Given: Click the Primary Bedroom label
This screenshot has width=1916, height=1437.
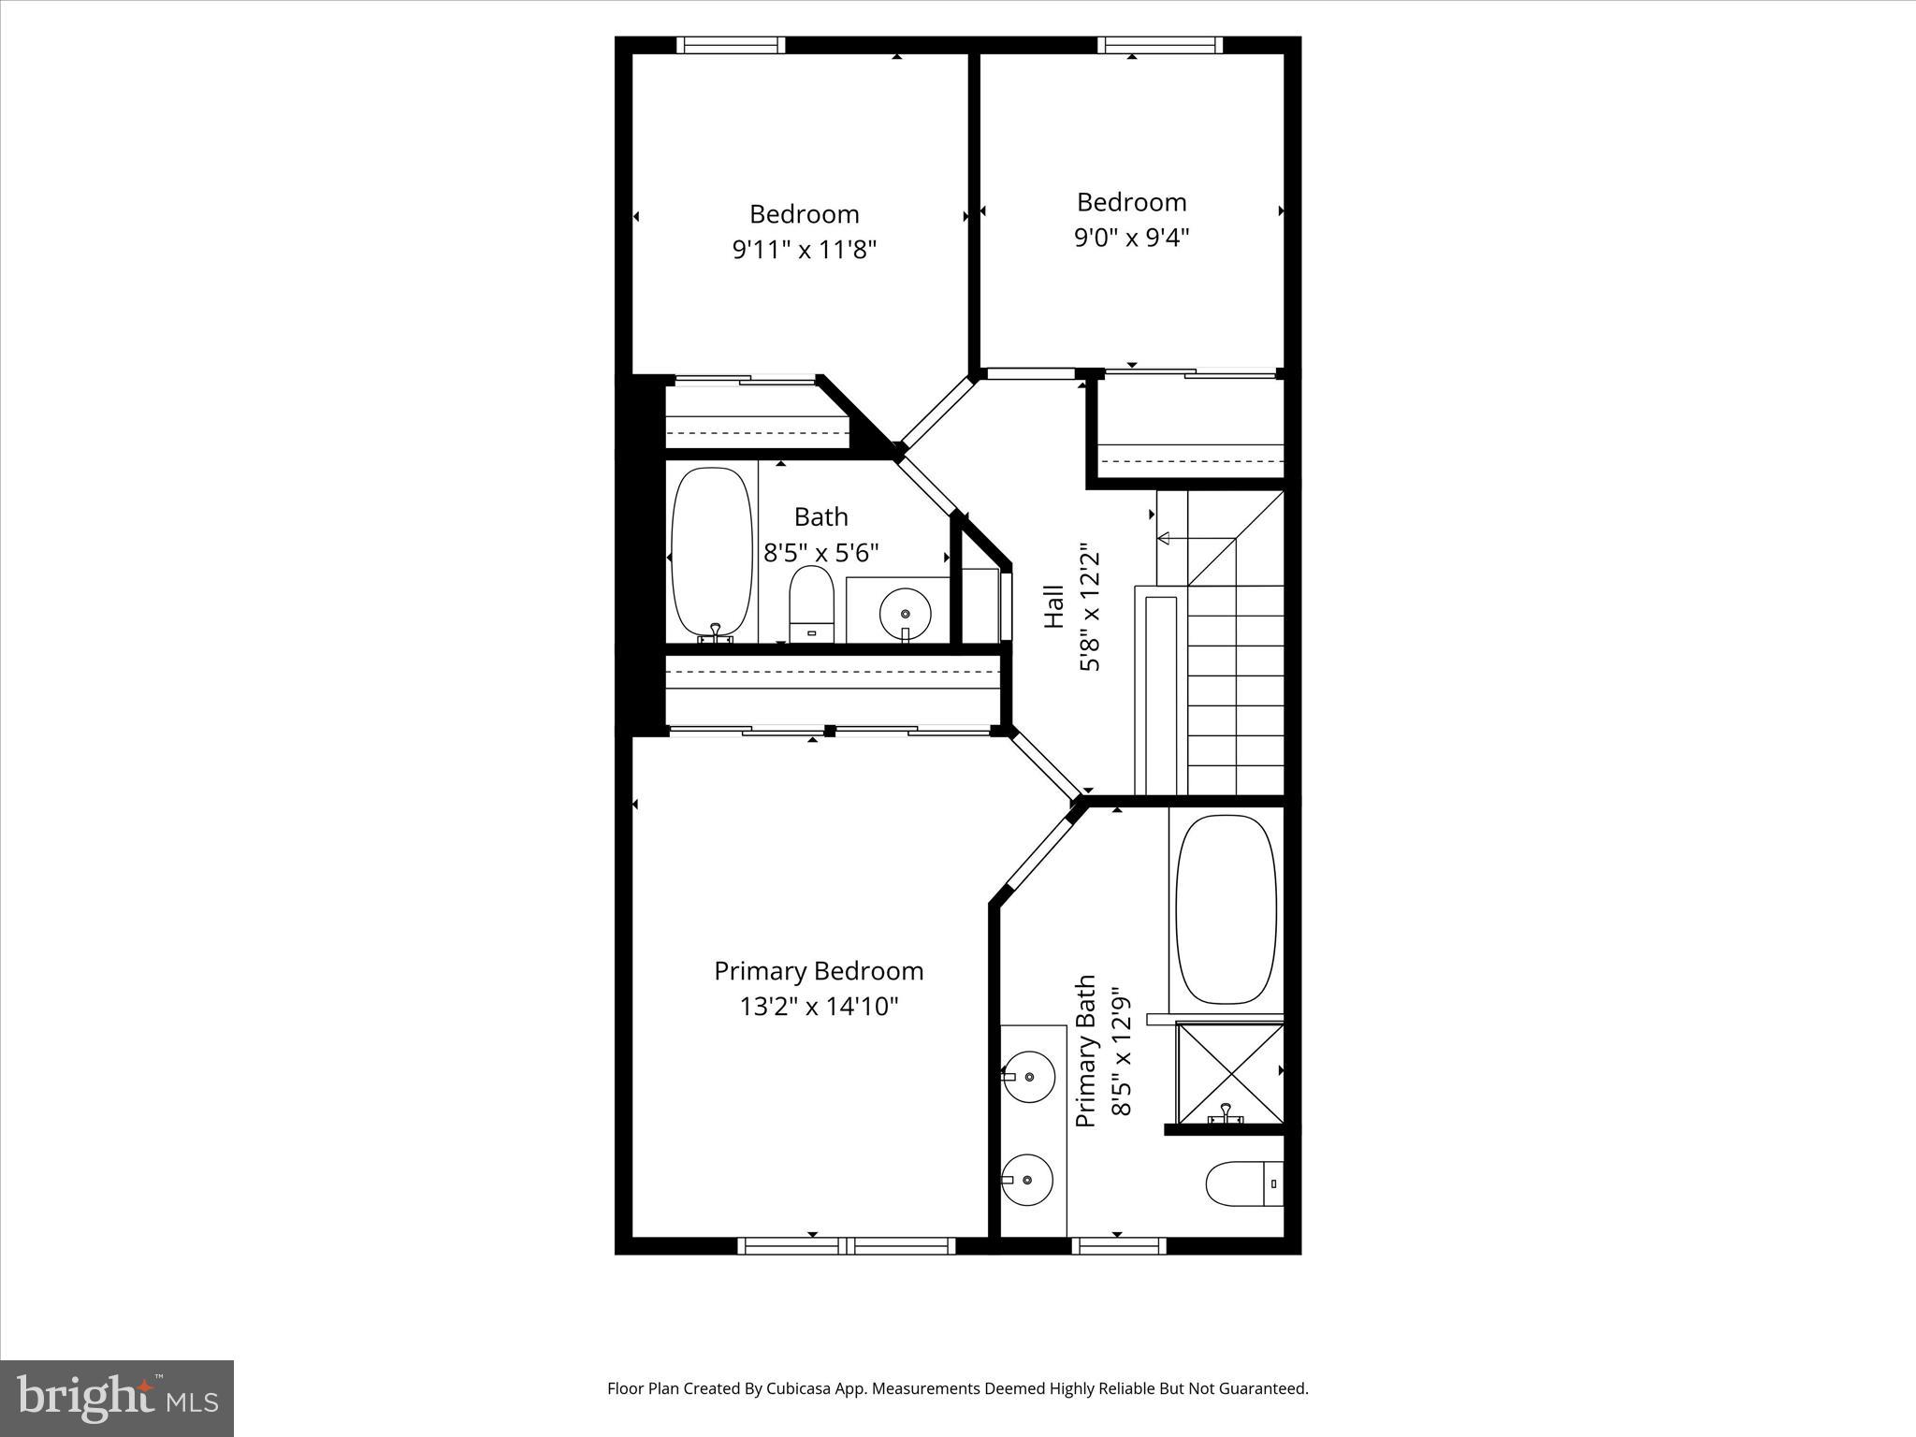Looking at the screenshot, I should [x=819, y=971].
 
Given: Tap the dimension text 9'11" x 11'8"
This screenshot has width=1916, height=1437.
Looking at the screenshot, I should [x=804, y=250].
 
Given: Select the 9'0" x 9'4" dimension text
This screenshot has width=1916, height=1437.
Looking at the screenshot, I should [x=1131, y=238].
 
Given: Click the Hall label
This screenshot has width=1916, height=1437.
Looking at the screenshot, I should [x=1053, y=606].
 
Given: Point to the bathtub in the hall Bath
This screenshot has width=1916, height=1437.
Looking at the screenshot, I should [x=712, y=552].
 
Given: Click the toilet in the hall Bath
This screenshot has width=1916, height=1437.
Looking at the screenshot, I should [x=811, y=603].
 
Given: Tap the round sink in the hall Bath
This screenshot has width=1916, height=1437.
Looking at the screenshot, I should [x=905, y=614].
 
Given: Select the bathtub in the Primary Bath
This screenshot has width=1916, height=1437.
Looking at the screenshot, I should [x=1226, y=909].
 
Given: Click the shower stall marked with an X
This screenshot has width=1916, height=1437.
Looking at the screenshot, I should [x=1229, y=1073].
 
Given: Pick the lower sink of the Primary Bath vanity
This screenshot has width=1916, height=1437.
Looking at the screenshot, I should [x=1027, y=1180].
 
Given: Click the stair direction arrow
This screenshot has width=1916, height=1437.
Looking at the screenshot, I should [x=1166, y=538].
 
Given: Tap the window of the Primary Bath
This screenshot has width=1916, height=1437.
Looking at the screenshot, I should [x=1118, y=1245].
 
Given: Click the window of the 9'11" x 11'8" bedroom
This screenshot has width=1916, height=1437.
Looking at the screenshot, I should [x=731, y=45].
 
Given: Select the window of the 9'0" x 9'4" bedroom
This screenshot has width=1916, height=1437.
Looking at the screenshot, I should [x=1159, y=45].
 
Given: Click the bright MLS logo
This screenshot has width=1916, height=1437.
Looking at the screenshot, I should [x=117, y=1399].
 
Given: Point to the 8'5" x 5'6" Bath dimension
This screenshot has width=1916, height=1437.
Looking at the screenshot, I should [x=820, y=553].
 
